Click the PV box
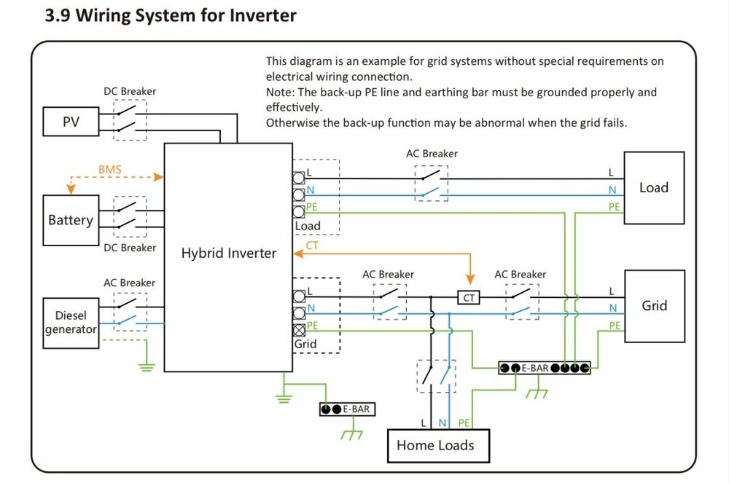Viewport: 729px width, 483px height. point(71,122)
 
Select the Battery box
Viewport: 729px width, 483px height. point(71,220)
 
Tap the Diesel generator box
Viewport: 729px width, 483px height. point(71,322)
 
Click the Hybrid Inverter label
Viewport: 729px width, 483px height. point(229,254)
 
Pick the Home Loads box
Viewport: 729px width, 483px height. point(435,444)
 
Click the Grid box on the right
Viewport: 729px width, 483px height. point(654,306)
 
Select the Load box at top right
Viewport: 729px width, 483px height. point(654,187)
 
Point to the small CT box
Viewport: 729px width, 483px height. point(468,297)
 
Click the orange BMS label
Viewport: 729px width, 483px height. point(110,170)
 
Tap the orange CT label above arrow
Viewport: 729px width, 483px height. point(312,246)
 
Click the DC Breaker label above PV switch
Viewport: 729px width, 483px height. point(130,92)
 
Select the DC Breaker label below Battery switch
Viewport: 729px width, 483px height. point(130,248)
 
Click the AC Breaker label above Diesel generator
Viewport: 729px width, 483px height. point(129,283)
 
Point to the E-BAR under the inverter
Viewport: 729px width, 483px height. point(347,409)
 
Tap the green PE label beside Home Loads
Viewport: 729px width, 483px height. point(464,423)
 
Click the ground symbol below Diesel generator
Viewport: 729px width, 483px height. point(147,366)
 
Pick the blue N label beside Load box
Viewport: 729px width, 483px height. point(612,190)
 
